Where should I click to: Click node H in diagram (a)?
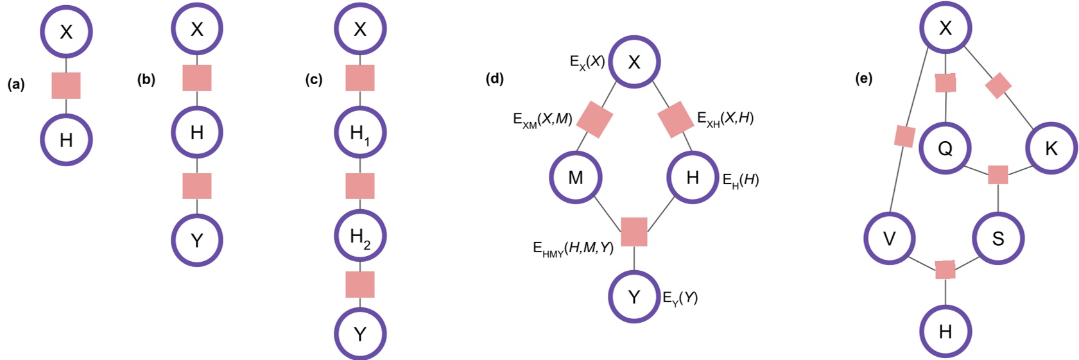coord(66,140)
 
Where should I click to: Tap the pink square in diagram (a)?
coord(66,85)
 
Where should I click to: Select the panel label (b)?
coord(146,80)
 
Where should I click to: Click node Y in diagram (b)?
coord(197,240)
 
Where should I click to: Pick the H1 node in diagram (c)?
coord(360,133)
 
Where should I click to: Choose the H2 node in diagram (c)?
coord(360,236)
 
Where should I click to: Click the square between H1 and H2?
coord(360,186)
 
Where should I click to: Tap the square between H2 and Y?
coord(360,284)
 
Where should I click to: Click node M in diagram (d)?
coord(576,178)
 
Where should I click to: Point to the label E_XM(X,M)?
coord(542,119)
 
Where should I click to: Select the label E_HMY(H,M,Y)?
coord(573,248)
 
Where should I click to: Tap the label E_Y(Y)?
coord(680,298)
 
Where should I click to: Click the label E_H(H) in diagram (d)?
coord(741,180)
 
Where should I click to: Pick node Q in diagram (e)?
coord(945,149)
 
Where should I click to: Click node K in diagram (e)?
coord(1051,149)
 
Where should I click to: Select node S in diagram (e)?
coord(998,239)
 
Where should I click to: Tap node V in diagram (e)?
coord(890,239)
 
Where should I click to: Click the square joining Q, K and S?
coord(998,175)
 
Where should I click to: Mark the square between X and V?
coord(904,137)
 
